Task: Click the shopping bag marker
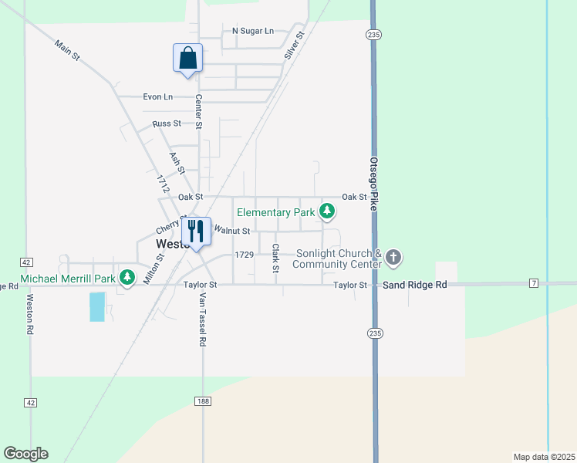coord(187,59)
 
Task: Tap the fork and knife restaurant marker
coord(196,231)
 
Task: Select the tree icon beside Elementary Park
coord(327,211)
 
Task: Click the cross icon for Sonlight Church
coord(393,257)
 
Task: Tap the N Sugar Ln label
coord(253,31)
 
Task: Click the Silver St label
coord(293,45)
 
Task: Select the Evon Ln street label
coord(157,96)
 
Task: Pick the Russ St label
coord(167,123)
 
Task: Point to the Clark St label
coord(275,259)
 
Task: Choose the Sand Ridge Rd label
coord(415,285)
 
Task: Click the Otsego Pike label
coord(373,184)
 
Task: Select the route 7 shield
coord(534,284)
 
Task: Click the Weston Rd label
coord(31,313)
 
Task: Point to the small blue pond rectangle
coord(97,307)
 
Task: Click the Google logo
coord(25,454)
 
